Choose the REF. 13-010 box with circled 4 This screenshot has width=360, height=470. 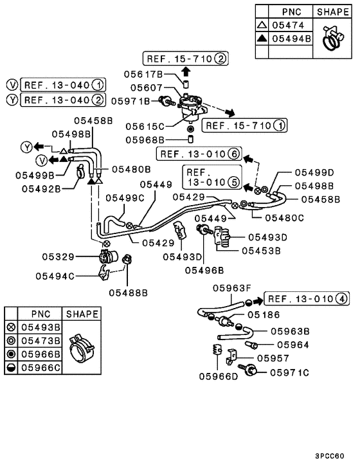[x=307, y=298]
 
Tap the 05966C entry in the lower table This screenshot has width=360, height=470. [x=40, y=368]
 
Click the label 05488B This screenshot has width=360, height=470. [x=129, y=293]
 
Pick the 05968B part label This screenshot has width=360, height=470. [x=145, y=140]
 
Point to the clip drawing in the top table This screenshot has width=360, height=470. [x=332, y=37]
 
